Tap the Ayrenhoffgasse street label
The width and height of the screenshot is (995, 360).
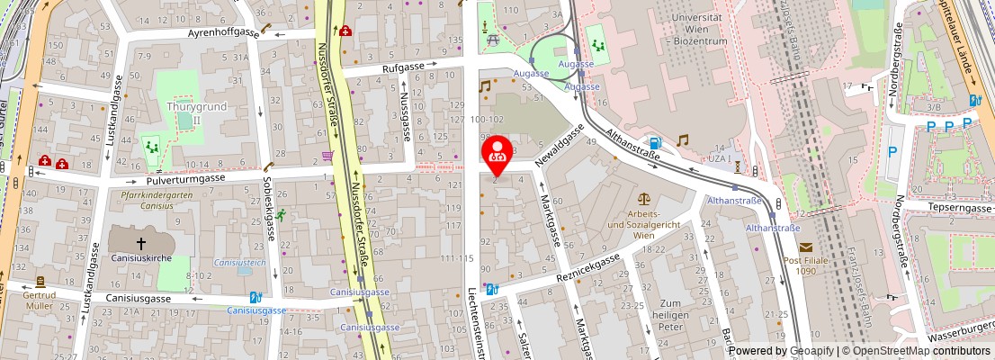coord(223,33)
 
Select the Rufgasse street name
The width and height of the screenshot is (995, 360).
coord(402,66)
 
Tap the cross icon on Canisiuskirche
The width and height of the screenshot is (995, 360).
coord(141,243)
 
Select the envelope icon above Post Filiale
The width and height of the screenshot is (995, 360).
coord(804,247)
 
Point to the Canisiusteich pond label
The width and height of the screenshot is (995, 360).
coord(239,263)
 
